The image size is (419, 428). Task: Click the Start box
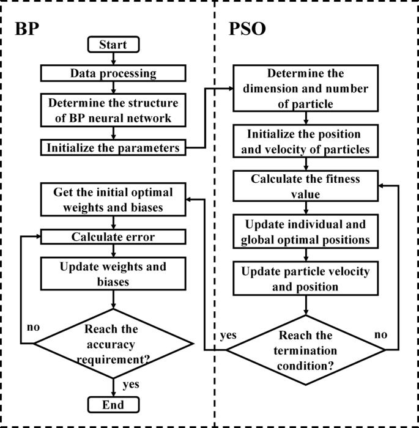point(114,45)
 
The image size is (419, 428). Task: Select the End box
point(114,405)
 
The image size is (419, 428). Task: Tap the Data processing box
point(113,74)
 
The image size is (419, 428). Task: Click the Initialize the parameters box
point(113,147)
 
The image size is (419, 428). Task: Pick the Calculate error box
point(113,237)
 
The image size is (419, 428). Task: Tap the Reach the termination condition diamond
point(306,350)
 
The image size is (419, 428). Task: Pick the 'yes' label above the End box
point(130,385)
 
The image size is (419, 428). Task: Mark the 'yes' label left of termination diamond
point(229,336)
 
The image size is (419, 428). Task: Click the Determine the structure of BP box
point(113,109)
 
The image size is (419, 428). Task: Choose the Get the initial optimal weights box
point(113,199)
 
